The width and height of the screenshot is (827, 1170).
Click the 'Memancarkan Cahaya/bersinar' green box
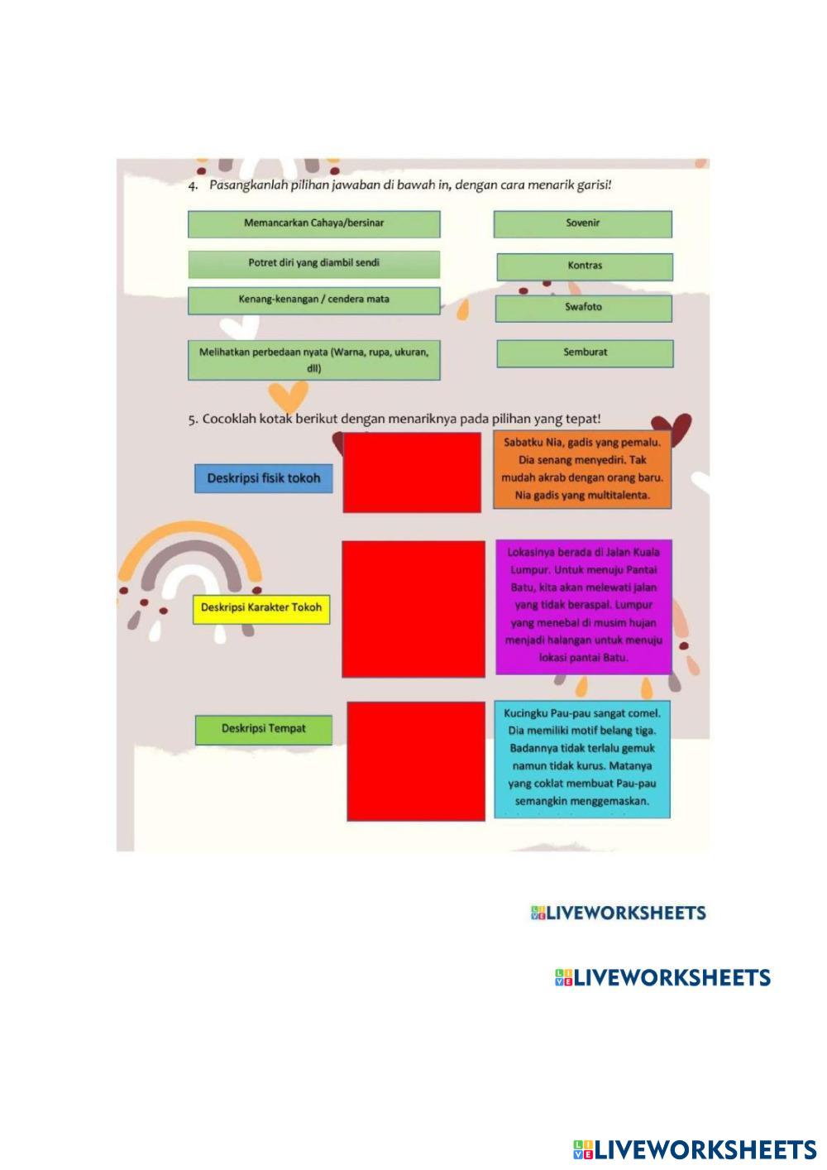point(313,223)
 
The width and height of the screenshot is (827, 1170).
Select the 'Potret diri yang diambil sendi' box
point(313,264)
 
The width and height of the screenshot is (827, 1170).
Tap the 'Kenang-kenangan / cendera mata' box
point(313,300)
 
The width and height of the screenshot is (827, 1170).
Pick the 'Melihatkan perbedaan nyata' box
point(313,360)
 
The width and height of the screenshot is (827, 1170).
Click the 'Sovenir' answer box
point(583,223)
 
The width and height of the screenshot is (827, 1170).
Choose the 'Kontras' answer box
point(585,266)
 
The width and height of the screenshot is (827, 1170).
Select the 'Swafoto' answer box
point(584,308)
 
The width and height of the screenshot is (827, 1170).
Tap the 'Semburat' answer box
point(585,353)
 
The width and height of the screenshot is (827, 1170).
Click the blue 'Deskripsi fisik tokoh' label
point(263,478)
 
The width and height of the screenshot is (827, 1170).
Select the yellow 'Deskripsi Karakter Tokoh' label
point(261,608)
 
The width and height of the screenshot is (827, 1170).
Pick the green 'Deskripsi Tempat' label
point(263,729)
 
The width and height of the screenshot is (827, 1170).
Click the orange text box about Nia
point(582,469)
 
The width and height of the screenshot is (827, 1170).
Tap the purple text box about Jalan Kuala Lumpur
point(583,606)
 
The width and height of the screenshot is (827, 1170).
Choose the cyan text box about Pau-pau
point(582,759)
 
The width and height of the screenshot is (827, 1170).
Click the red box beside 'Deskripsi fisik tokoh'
point(412,472)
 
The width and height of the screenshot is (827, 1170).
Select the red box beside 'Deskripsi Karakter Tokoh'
point(413,609)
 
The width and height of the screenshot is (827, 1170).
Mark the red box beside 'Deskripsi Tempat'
point(415,760)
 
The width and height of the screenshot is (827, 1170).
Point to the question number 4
point(193,185)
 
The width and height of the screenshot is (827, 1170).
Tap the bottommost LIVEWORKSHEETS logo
point(695,1149)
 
